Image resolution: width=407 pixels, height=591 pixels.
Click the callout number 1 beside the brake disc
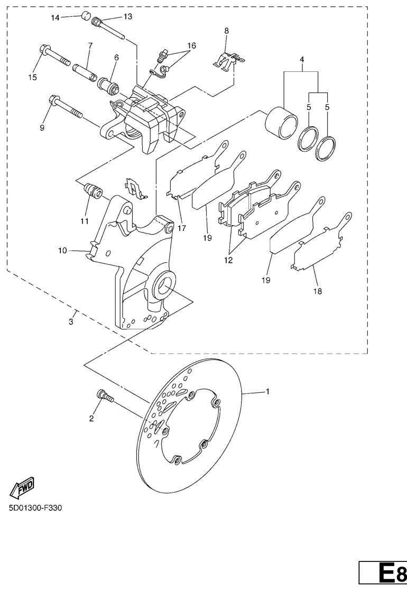pos(267,392)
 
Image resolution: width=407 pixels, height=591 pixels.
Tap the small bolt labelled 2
pos(105,396)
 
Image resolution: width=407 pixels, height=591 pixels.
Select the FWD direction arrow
pos(22,488)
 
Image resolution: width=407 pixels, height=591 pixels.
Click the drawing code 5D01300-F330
pos(35,507)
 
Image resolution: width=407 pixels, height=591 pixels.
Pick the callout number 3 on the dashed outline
pos(71,322)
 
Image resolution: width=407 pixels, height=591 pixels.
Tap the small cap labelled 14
pos(87,16)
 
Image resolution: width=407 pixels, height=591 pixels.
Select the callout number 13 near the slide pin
pos(128,16)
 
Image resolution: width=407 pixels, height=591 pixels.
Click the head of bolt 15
pos(44,51)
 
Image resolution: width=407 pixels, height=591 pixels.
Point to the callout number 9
pos(42,128)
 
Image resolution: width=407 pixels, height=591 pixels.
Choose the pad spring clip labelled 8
pos(229,61)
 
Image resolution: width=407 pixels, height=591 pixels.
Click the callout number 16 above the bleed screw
pos(191,45)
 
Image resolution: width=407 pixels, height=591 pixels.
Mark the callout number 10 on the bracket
pos(62,251)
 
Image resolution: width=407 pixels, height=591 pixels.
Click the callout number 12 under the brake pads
pos(228,260)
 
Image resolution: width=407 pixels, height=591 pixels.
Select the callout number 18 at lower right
pos(317,291)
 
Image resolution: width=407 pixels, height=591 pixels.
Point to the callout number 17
pos(182,228)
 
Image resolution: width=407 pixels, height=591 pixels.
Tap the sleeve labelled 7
pos(86,70)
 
